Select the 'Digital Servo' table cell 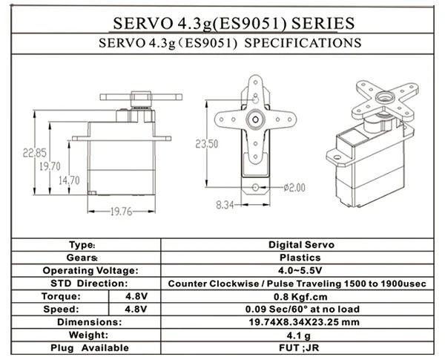coord(300,243)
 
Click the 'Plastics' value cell coord(300,257)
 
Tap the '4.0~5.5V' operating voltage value coord(300,270)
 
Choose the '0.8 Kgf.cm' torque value coord(300,296)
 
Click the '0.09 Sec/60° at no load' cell coord(300,310)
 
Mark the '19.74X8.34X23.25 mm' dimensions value coord(300,323)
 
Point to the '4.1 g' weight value coord(300,336)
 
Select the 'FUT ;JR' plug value coord(300,348)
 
